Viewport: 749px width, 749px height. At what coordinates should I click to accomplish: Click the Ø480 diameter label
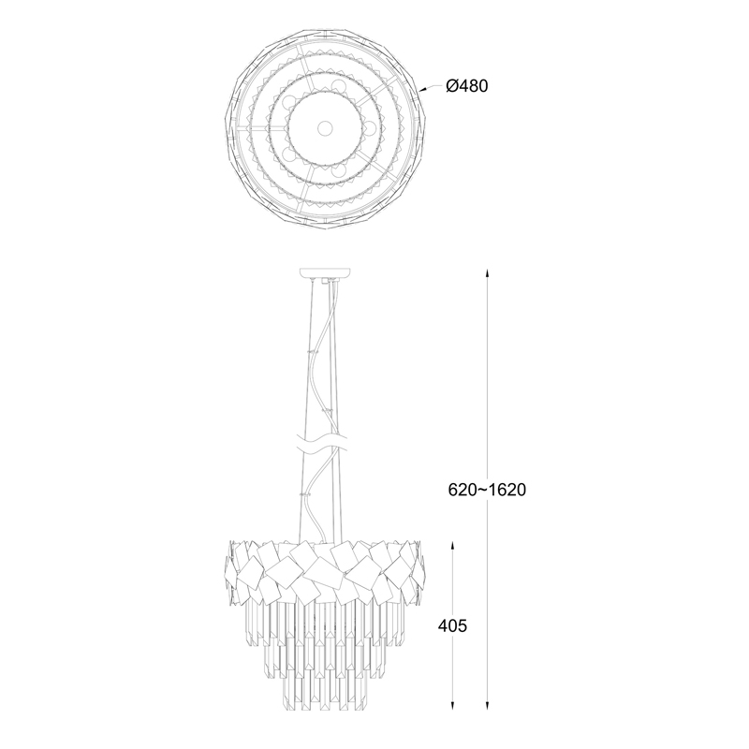click(x=466, y=86)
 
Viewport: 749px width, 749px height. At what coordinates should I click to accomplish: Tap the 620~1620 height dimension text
click(x=487, y=490)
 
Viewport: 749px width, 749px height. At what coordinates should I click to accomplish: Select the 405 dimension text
click(x=452, y=625)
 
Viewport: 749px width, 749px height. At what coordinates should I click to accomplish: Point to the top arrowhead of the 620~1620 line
click(x=487, y=273)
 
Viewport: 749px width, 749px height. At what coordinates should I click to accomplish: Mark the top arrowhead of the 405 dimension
click(x=452, y=546)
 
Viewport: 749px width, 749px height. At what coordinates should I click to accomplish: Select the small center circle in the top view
click(x=325, y=127)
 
